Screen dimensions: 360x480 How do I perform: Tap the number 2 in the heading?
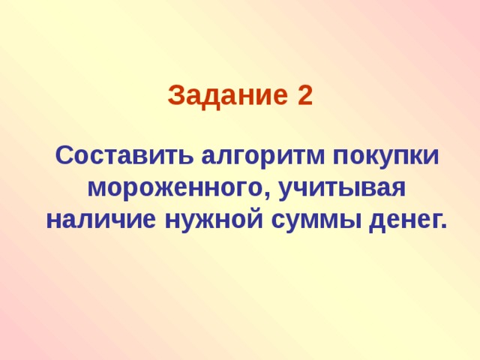(304, 96)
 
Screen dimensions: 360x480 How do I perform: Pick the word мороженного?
(178, 188)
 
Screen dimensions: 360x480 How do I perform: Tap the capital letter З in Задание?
(175, 96)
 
